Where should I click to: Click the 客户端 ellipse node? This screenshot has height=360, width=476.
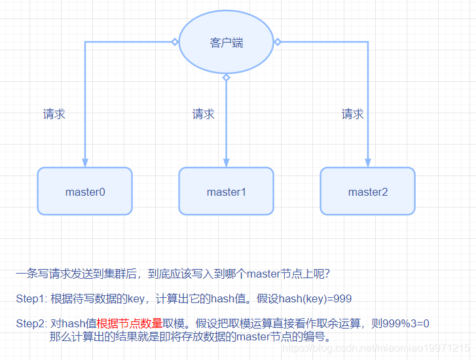pos(226,42)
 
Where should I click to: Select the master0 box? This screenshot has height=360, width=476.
pos(85,191)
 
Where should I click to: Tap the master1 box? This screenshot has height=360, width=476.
pos(227,191)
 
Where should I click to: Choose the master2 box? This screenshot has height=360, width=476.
pos(368,191)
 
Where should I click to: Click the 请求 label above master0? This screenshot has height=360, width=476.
pos(54,115)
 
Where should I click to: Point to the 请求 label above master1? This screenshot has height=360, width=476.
pos(204,115)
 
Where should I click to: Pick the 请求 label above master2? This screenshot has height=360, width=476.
pos(353,115)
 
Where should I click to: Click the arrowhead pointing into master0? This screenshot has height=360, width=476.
pos(85,162)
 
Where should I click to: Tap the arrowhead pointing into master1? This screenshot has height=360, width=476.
pos(227,162)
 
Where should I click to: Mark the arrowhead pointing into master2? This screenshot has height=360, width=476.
pos(368,162)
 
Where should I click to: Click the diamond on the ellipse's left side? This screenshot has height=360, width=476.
pos(175,42)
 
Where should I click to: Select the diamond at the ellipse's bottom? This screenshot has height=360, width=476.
pos(227,78)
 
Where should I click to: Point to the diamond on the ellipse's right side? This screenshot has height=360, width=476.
pos(278,42)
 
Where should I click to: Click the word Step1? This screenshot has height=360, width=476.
pos(30,299)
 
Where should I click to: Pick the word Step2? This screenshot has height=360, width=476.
pos(30,323)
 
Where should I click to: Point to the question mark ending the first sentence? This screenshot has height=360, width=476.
pos(335,274)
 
